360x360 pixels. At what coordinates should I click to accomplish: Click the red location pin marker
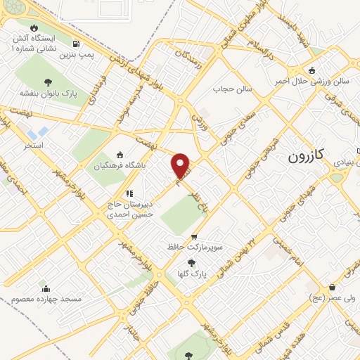tap(181, 166)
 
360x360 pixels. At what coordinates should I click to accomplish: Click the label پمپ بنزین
tap(75, 53)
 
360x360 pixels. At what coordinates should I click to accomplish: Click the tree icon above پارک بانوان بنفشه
tap(48, 82)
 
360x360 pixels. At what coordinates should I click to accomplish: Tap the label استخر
tap(33, 144)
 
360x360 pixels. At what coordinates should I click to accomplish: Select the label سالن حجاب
tap(233, 89)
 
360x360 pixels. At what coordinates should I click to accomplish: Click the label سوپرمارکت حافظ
tap(195, 247)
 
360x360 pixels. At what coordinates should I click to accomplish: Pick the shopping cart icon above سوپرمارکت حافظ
tap(195, 237)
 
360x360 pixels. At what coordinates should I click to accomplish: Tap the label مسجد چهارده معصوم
tap(46, 299)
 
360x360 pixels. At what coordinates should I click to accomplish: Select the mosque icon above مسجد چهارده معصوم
tap(46, 288)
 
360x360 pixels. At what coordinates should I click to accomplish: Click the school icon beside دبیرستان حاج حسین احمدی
tap(129, 193)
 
